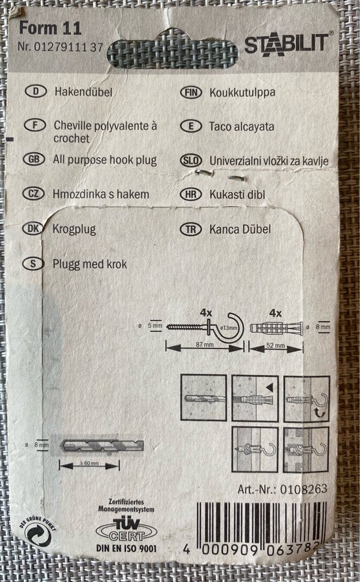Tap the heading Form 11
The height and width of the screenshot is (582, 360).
(50, 28)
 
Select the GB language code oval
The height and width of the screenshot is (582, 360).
(34, 160)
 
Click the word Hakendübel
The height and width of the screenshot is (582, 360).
(83, 92)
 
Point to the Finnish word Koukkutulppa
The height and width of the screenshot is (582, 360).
(242, 92)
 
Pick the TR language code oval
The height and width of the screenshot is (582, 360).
(191, 230)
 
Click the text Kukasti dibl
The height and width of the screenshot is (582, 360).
(237, 194)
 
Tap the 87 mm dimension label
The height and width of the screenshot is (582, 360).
(204, 345)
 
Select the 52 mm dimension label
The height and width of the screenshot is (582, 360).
(275, 345)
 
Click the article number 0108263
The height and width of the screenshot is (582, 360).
(304, 490)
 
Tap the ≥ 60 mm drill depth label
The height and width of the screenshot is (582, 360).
(89, 463)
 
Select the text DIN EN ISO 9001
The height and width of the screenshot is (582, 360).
(126, 548)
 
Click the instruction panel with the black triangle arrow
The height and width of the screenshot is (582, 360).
(255, 398)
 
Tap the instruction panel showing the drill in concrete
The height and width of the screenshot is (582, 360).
(204, 398)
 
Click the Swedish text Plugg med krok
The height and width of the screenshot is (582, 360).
(89, 264)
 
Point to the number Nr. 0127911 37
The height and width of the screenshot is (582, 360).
(60, 47)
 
